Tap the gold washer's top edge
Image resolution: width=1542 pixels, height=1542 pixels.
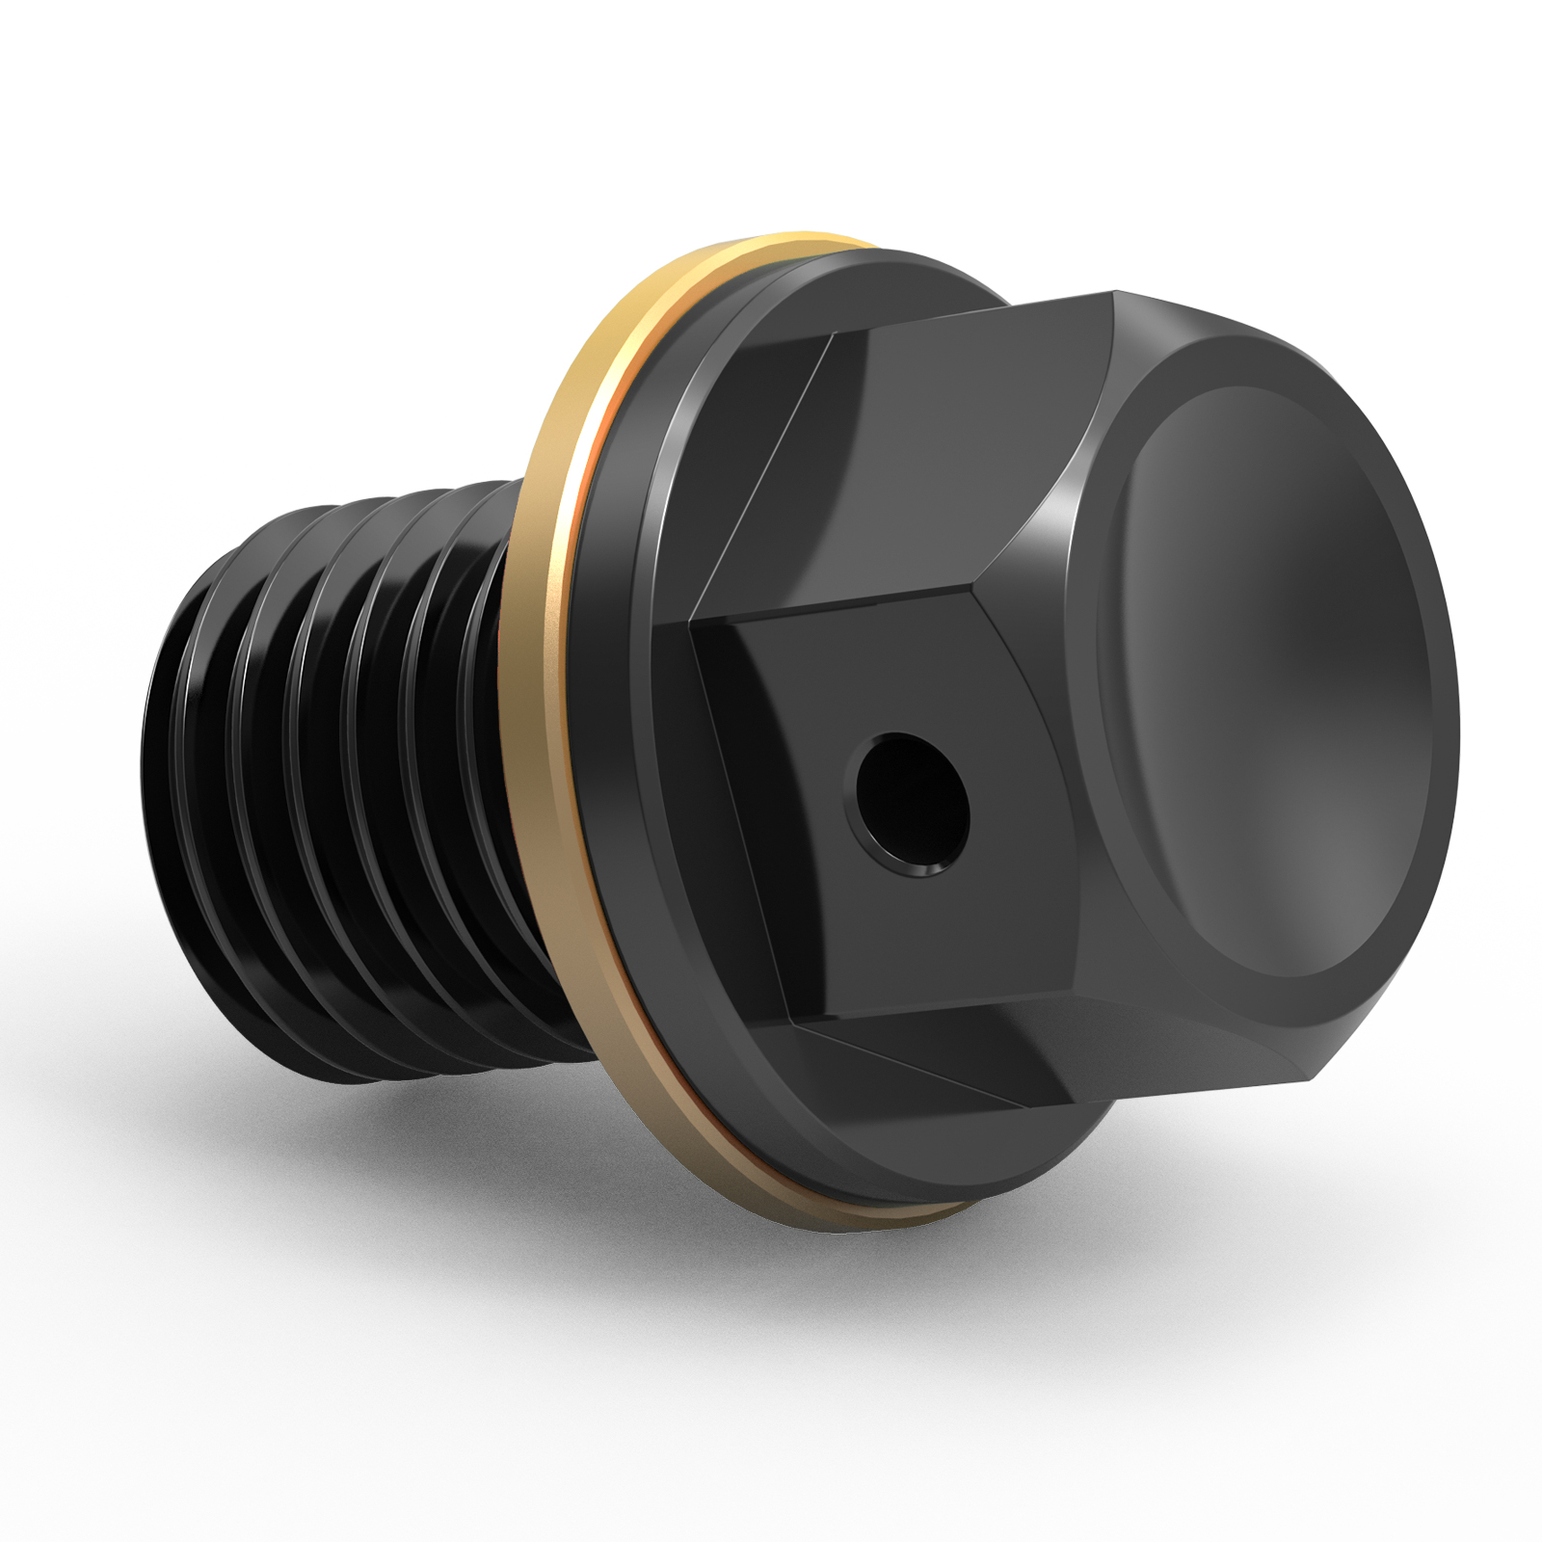coord(771,243)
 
